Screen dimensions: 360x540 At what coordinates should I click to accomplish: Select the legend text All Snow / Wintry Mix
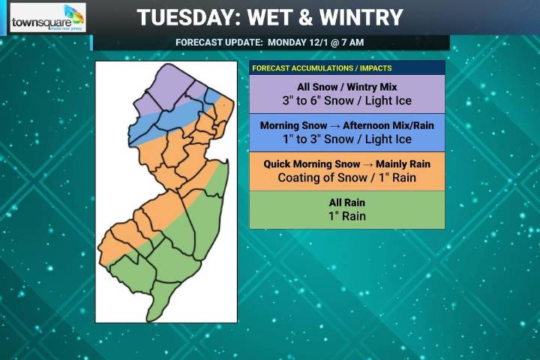tap(346, 87)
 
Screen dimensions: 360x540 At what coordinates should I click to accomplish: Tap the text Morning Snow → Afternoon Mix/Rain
tap(346, 125)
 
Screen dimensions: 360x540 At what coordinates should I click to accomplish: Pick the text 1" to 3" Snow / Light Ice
tap(346, 139)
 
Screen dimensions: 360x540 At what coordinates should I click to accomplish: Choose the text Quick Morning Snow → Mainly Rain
tap(346, 164)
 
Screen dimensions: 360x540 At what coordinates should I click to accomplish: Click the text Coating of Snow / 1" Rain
tap(346, 178)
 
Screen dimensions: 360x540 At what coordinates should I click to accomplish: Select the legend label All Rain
tap(346, 202)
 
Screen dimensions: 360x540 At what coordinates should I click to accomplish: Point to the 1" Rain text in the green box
tap(346, 217)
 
